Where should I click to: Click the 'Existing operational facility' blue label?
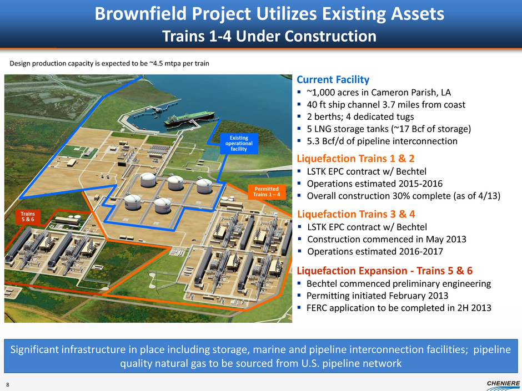239,143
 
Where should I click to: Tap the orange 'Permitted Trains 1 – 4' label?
267,191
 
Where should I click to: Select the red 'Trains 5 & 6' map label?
28,216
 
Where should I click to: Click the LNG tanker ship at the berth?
189,119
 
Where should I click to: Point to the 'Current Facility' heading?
333,79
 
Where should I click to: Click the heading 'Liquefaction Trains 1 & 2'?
355,158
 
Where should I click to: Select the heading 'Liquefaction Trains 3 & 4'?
356,214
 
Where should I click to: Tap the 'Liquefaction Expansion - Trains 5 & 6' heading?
384,270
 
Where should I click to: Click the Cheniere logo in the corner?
503,385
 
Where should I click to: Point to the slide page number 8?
8,385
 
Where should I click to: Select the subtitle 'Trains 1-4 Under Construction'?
269,36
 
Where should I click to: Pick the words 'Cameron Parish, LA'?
411,92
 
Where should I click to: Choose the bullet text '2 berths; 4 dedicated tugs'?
360,116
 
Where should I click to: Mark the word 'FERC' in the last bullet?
318,308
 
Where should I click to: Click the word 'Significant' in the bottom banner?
34,349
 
